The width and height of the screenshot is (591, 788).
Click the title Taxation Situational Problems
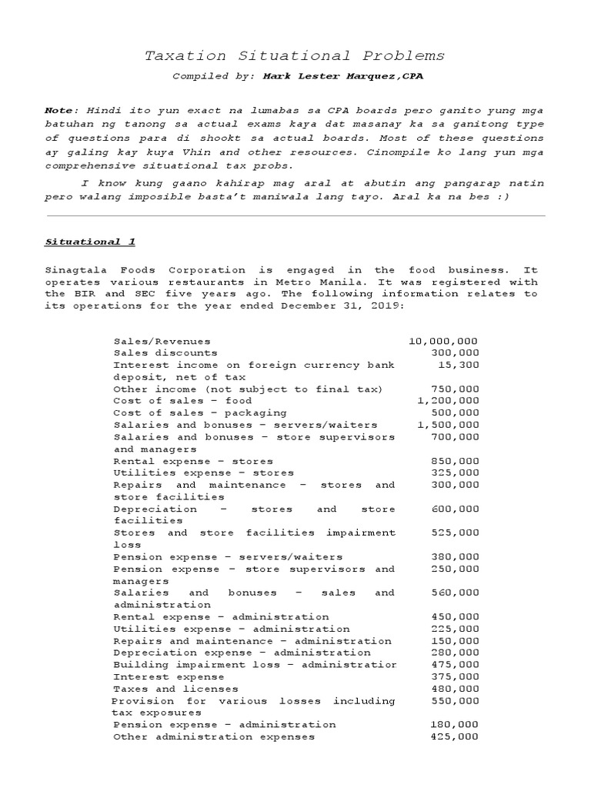295,56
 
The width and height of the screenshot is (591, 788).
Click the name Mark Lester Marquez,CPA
342,77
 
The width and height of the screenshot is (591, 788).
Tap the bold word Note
61,112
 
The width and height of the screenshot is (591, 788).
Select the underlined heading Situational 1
90,242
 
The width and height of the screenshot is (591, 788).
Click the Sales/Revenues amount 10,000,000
443,341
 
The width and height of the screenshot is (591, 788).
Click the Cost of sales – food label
182,401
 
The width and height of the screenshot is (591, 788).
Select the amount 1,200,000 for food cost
448,401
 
